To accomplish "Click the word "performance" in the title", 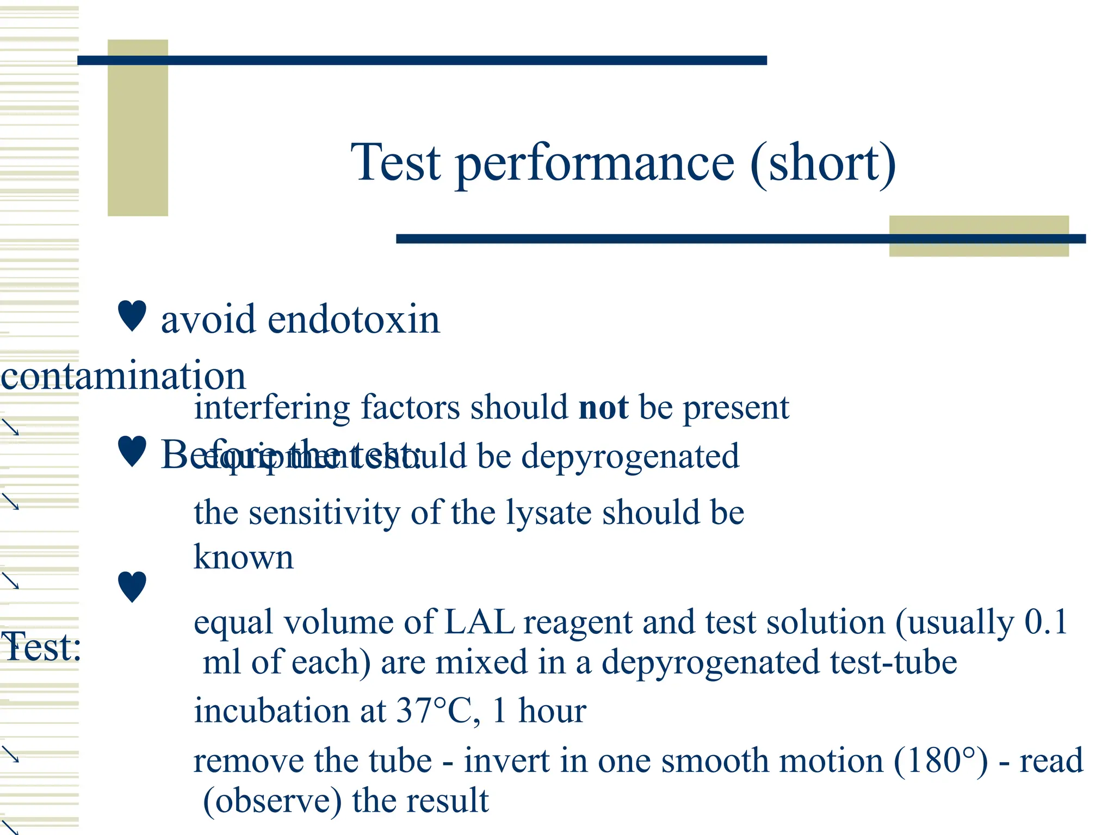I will (x=595, y=163).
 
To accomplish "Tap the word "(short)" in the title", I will (x=822, y=163).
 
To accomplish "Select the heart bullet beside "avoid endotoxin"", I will (x=132, y=316).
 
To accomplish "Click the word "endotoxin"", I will (x=354, y=320).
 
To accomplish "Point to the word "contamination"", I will (x=123, y=376).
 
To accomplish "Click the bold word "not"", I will (x=603, y=407).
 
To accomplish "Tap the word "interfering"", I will (x=272, y=408).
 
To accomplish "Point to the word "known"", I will (x=243, y=557).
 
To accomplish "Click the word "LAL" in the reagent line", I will (x=479, y=622).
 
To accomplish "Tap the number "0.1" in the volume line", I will (x=1046, y=622).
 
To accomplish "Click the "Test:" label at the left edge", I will (x=41, y=647).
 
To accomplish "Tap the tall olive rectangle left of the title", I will (x=138, y=128).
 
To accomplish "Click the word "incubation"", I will (x=271, y=711).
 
